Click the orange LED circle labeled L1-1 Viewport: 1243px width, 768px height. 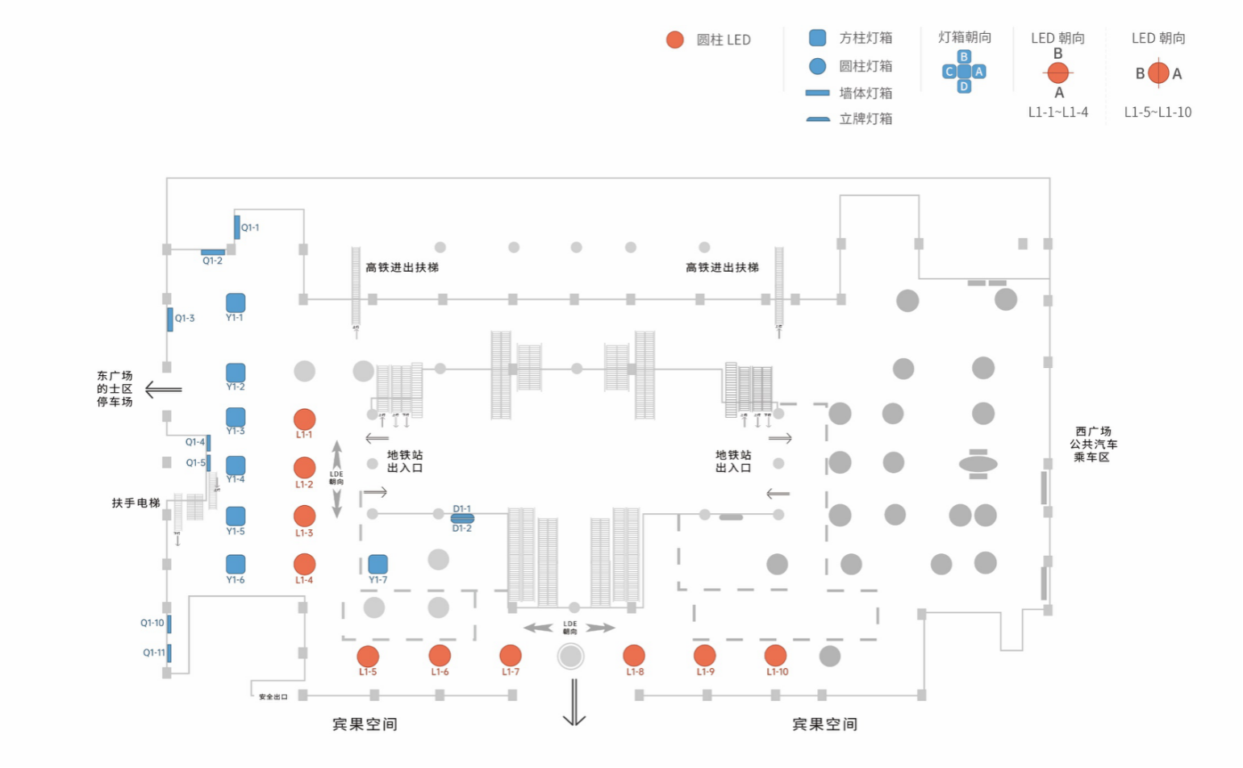tap(304, 419)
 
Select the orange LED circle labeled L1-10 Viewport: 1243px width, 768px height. tap(775, 656)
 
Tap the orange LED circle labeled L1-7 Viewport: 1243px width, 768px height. tap(511, 656)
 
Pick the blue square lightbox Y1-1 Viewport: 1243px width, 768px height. tap(236, 303)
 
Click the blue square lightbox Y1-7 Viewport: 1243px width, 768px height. tap(377, 564)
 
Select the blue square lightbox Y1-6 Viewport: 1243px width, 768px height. tap(236, 564)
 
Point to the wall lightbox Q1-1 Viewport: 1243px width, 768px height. tap(237, 227)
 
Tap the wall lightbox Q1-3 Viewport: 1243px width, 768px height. tap(170, 319)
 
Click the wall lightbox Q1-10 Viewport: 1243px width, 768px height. tap(169, 624)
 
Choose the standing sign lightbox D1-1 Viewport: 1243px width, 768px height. tap(462, 518)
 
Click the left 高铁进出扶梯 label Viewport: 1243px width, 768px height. tap(402, 268)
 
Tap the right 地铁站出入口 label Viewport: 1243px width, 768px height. tap(732, 461)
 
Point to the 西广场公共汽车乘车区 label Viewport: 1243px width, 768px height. tap(1093, 445)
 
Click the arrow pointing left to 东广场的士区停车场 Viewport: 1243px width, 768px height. tap(163, 390)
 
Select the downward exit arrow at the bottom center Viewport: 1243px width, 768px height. tap(574, 702)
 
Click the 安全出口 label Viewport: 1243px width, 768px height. tap(273, 697)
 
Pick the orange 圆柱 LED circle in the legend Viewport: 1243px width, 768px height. tap(675, 40)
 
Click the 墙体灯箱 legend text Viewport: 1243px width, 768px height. tap(866, 93)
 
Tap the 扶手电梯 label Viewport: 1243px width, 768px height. tap(136, 503)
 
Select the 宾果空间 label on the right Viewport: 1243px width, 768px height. tap(824, 724)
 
